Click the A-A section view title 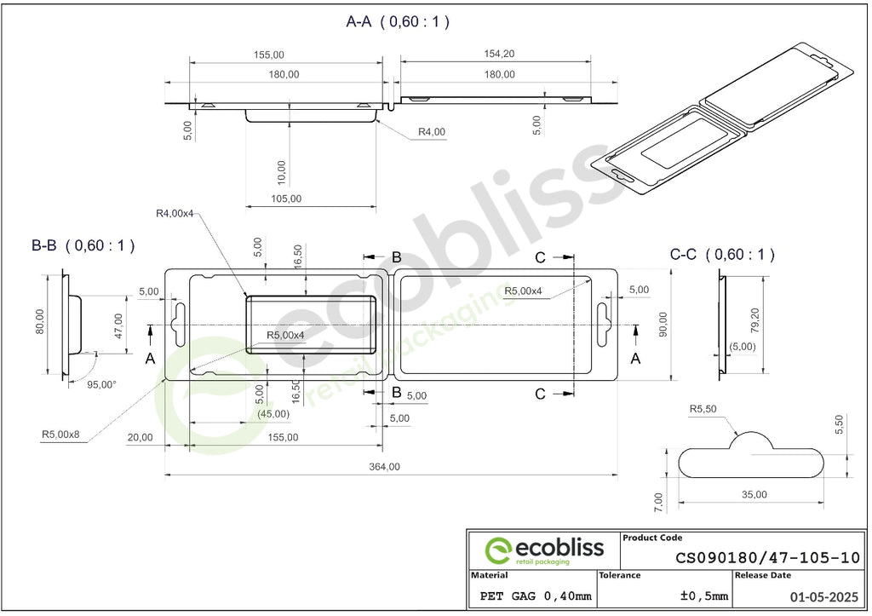[x=398, y=21]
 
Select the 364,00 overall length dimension [x=384, y=466]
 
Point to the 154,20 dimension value [x=499, y=54]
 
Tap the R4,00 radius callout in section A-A [x=432, y=132]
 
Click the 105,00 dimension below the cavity [x=286, y=199]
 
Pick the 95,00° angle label [x=102, y=384]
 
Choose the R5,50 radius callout [x=703, y=409]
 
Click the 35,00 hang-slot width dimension [x=754, y=494]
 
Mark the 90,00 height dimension [x=663, y=324]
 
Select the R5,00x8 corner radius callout [x=60, y=434]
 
